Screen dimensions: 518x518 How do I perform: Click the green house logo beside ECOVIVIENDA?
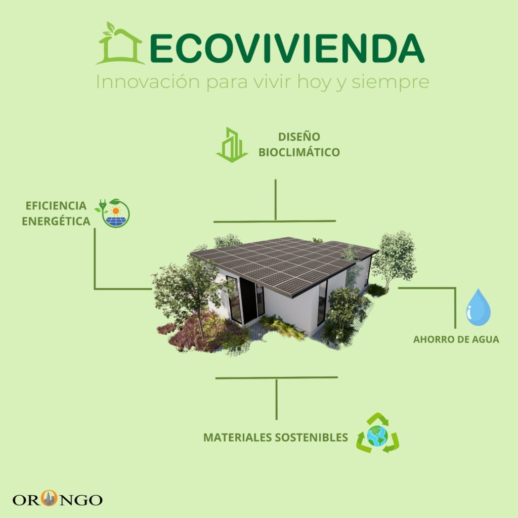click(x=119, y=44)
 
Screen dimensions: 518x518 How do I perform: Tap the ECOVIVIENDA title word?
click(x=287, y=49)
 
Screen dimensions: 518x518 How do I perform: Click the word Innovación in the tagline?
click(x=148, y=81)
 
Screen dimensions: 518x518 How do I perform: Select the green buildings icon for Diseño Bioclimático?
click(x=232, y=145)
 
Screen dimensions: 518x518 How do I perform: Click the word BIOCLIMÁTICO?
click(x=299, y=152)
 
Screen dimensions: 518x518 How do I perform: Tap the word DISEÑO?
click(x=299, y=137)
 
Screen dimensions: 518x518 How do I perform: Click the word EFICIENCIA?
click(x=56, y=205)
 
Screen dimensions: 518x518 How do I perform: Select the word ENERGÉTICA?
click(x=56, y=221)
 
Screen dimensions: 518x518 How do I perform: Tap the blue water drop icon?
click(x=478, y=307)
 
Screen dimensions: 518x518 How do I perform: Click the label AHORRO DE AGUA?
click(x=456, y=339)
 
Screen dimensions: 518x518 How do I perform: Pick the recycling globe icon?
click(x=377, y=433)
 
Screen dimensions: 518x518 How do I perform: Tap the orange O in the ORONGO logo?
click(x=49, y=498)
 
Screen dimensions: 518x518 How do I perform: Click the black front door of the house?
click(x=248, y=300)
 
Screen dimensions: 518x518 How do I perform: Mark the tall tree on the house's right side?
click(x=394, y=260)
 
